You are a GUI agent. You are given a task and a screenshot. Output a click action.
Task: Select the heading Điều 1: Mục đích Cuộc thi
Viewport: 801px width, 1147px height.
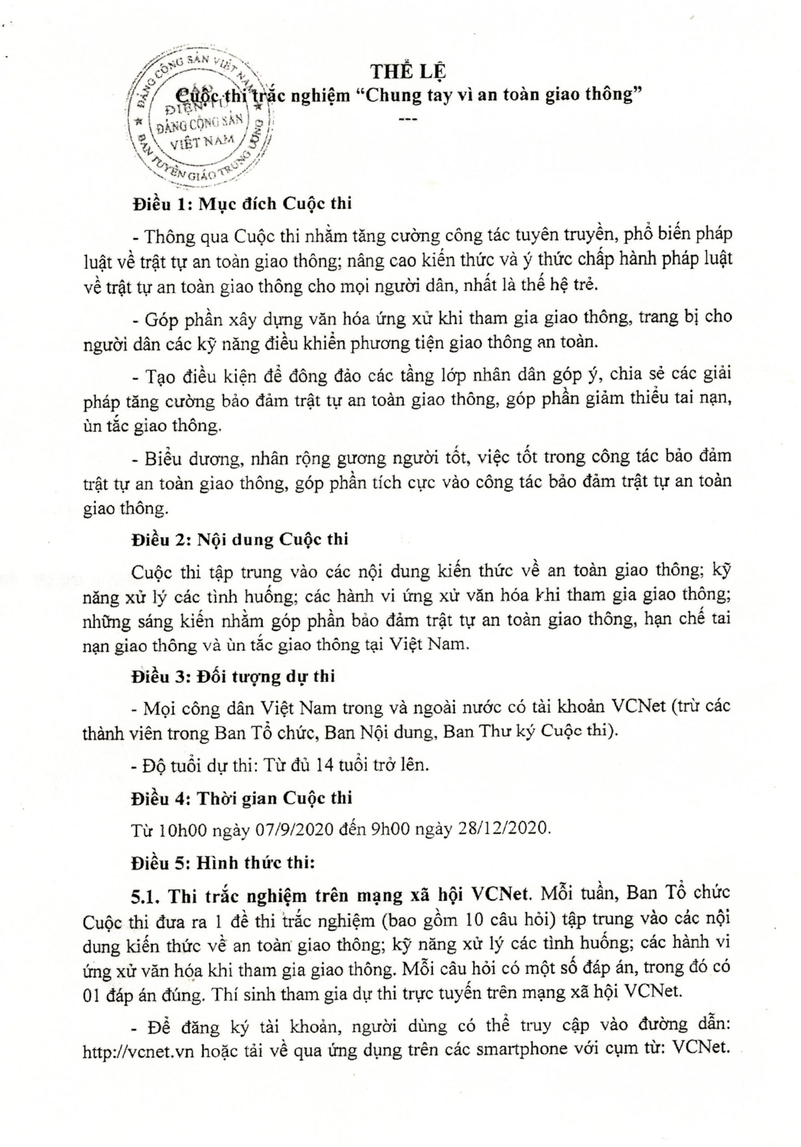click(242, 204)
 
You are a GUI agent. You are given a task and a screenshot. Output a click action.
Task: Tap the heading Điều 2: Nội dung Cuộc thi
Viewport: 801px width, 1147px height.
click(240, 539)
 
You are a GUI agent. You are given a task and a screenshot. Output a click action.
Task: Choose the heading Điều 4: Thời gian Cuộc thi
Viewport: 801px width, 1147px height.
click(242, 798)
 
